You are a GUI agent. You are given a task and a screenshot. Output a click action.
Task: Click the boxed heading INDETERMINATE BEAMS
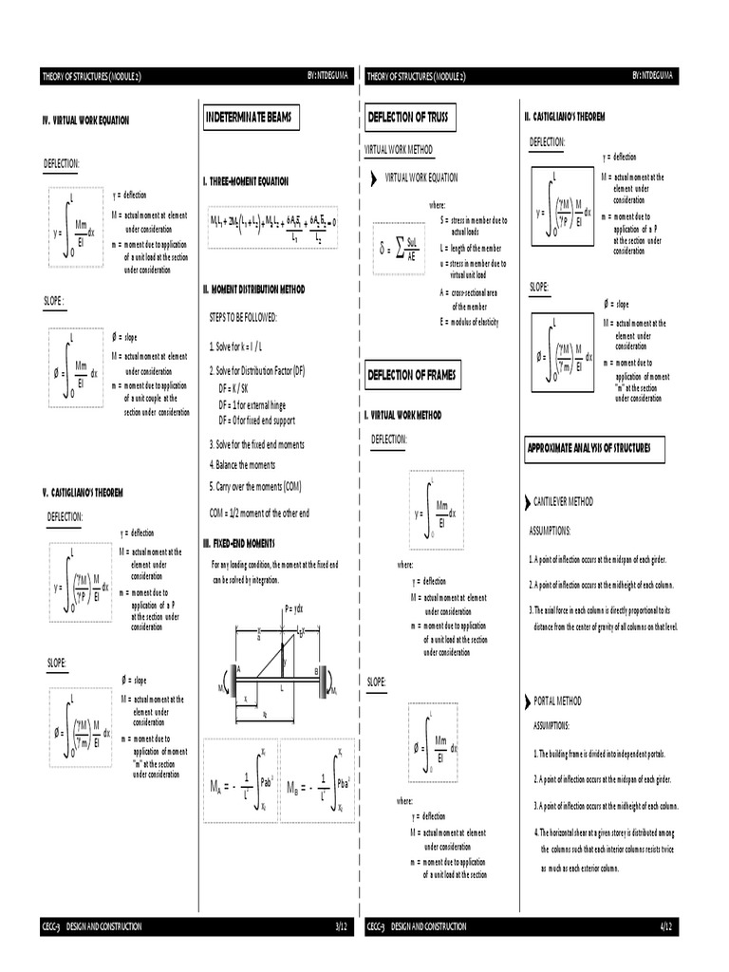[250, 117]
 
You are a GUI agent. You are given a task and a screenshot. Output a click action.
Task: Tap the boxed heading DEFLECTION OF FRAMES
[413, 376]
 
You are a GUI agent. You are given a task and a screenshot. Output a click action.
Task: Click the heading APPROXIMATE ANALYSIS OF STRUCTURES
[595, 449]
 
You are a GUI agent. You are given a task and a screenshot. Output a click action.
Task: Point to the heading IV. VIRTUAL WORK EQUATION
[85, 121]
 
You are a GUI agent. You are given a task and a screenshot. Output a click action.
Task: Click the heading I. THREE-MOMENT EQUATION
[246, 180]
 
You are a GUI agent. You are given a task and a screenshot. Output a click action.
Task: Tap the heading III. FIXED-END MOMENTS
[245, 542]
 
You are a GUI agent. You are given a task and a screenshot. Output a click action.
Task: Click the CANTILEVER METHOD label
[563, 501]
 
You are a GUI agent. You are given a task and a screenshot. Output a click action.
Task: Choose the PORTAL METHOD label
[557, 701]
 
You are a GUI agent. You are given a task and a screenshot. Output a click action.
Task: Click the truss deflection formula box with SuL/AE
[398, 250]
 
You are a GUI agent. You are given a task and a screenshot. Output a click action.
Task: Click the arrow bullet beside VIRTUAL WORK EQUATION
[374, 178]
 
